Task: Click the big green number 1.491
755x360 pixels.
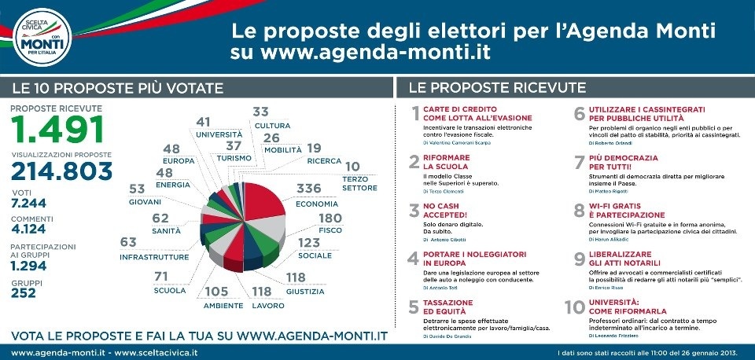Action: pos(57,130)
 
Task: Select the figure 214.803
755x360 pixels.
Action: pos(61,172)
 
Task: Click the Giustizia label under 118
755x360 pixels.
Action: pos(305,291)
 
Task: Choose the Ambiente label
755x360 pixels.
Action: pos(223,305)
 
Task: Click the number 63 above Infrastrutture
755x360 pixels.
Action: pos(128,243)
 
